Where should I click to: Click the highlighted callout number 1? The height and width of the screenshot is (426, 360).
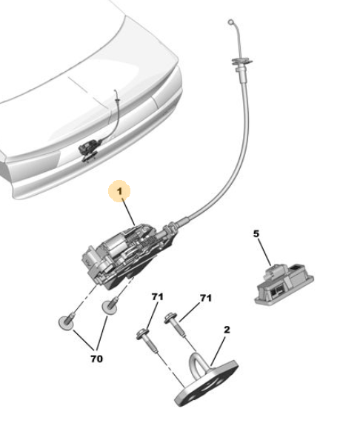tap(119, 191)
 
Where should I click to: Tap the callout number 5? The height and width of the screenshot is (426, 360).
tap(256, 233)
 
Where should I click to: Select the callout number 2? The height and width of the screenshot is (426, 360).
tap(227, 330)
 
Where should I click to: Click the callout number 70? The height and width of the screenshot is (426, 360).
tap(97, 359)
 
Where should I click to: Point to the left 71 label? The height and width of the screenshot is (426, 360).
tap(158, 297)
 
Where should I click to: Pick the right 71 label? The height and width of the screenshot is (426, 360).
tap(206, 299)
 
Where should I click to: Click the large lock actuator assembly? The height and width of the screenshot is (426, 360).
tap(127, 256)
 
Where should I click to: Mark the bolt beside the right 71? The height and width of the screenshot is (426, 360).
tap(176, 325)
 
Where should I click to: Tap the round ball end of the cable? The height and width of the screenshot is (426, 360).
tap(230, 21)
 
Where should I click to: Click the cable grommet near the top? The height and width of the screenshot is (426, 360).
tap(241, 61)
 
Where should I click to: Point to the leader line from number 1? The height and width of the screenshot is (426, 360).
tap(128, 212)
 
